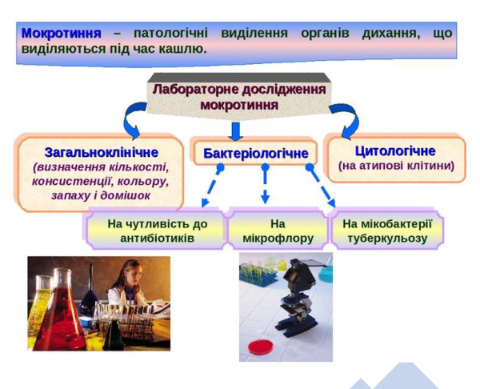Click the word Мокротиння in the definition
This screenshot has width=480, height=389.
tap(61, 34)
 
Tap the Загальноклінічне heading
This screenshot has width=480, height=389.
tap(101, 151)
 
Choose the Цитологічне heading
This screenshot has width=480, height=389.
tap(395, 150)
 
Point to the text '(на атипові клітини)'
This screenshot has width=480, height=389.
tap(396, 166)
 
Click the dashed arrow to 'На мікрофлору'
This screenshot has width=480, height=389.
tap(265, 187)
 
